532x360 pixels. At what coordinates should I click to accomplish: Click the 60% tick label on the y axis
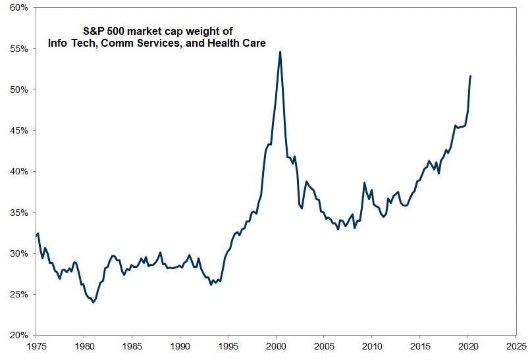coord(18,7)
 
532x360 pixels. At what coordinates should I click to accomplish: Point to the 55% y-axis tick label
coord(18,49)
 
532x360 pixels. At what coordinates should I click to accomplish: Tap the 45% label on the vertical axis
coord(18,130)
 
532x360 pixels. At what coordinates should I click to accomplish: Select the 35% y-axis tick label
coord(18,213)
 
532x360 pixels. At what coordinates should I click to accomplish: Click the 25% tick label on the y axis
coord(18,294)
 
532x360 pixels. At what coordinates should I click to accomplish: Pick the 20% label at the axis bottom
coord(18,335)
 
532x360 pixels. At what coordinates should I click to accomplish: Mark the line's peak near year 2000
coord(280,51)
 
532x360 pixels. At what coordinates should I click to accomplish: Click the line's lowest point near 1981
coord(93,303)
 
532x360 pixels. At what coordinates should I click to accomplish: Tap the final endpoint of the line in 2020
coord(471,76)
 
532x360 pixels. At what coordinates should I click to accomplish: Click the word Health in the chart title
coord(221,43)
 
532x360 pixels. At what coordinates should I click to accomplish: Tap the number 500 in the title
coord(119,30)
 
